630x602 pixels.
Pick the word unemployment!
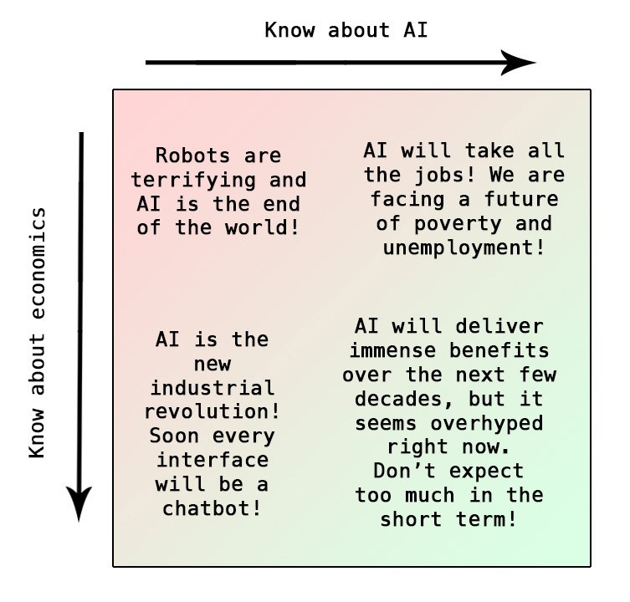tap(464, 248)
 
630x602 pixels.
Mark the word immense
tap(393, 349)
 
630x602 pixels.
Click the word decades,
tap(393, 398)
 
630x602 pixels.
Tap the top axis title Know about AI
tap(346, 31)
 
